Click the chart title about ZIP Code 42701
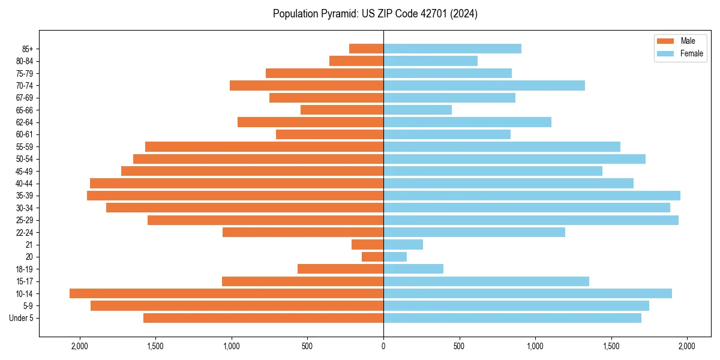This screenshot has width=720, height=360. click(375, 14)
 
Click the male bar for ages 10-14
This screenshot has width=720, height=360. click(226, 293)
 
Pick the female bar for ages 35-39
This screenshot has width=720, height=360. click(532, 196)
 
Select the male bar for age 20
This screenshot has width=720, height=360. click(373, 257)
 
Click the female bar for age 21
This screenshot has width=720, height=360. click(403, 245)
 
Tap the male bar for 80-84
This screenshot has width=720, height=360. click(356, 61)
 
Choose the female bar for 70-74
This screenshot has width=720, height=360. click(484, 85)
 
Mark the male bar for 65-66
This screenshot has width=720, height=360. click(342, 110)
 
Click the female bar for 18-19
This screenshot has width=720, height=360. click(413, 269)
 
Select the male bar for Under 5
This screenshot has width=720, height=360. click(263, 318)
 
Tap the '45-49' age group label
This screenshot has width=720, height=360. click(25, 171)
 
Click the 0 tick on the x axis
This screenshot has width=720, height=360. click(383, 346)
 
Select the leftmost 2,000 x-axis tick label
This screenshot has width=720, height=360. click(79, 346)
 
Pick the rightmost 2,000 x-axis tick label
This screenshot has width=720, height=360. click(687, 346)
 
